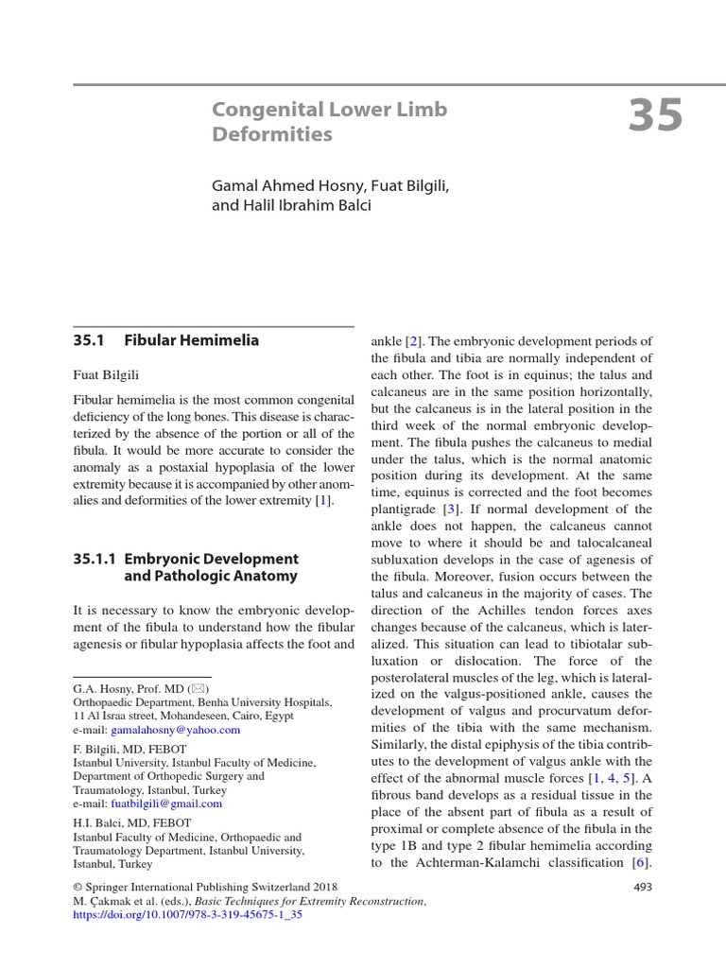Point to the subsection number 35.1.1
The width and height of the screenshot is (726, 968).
pyautogui.click(x=96, y=559)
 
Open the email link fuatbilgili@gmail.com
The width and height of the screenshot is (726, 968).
pyautogui.click(x=166, y=804)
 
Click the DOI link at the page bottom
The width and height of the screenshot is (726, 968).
pyautogui.click(x=187, y=916)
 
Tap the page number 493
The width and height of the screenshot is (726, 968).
pyautogui.click(x=641, y=887)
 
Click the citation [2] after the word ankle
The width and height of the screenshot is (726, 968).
pyautogui.click(x=412, y=340)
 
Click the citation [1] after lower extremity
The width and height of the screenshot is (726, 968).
pyautogui.click(x=324, y=500)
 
